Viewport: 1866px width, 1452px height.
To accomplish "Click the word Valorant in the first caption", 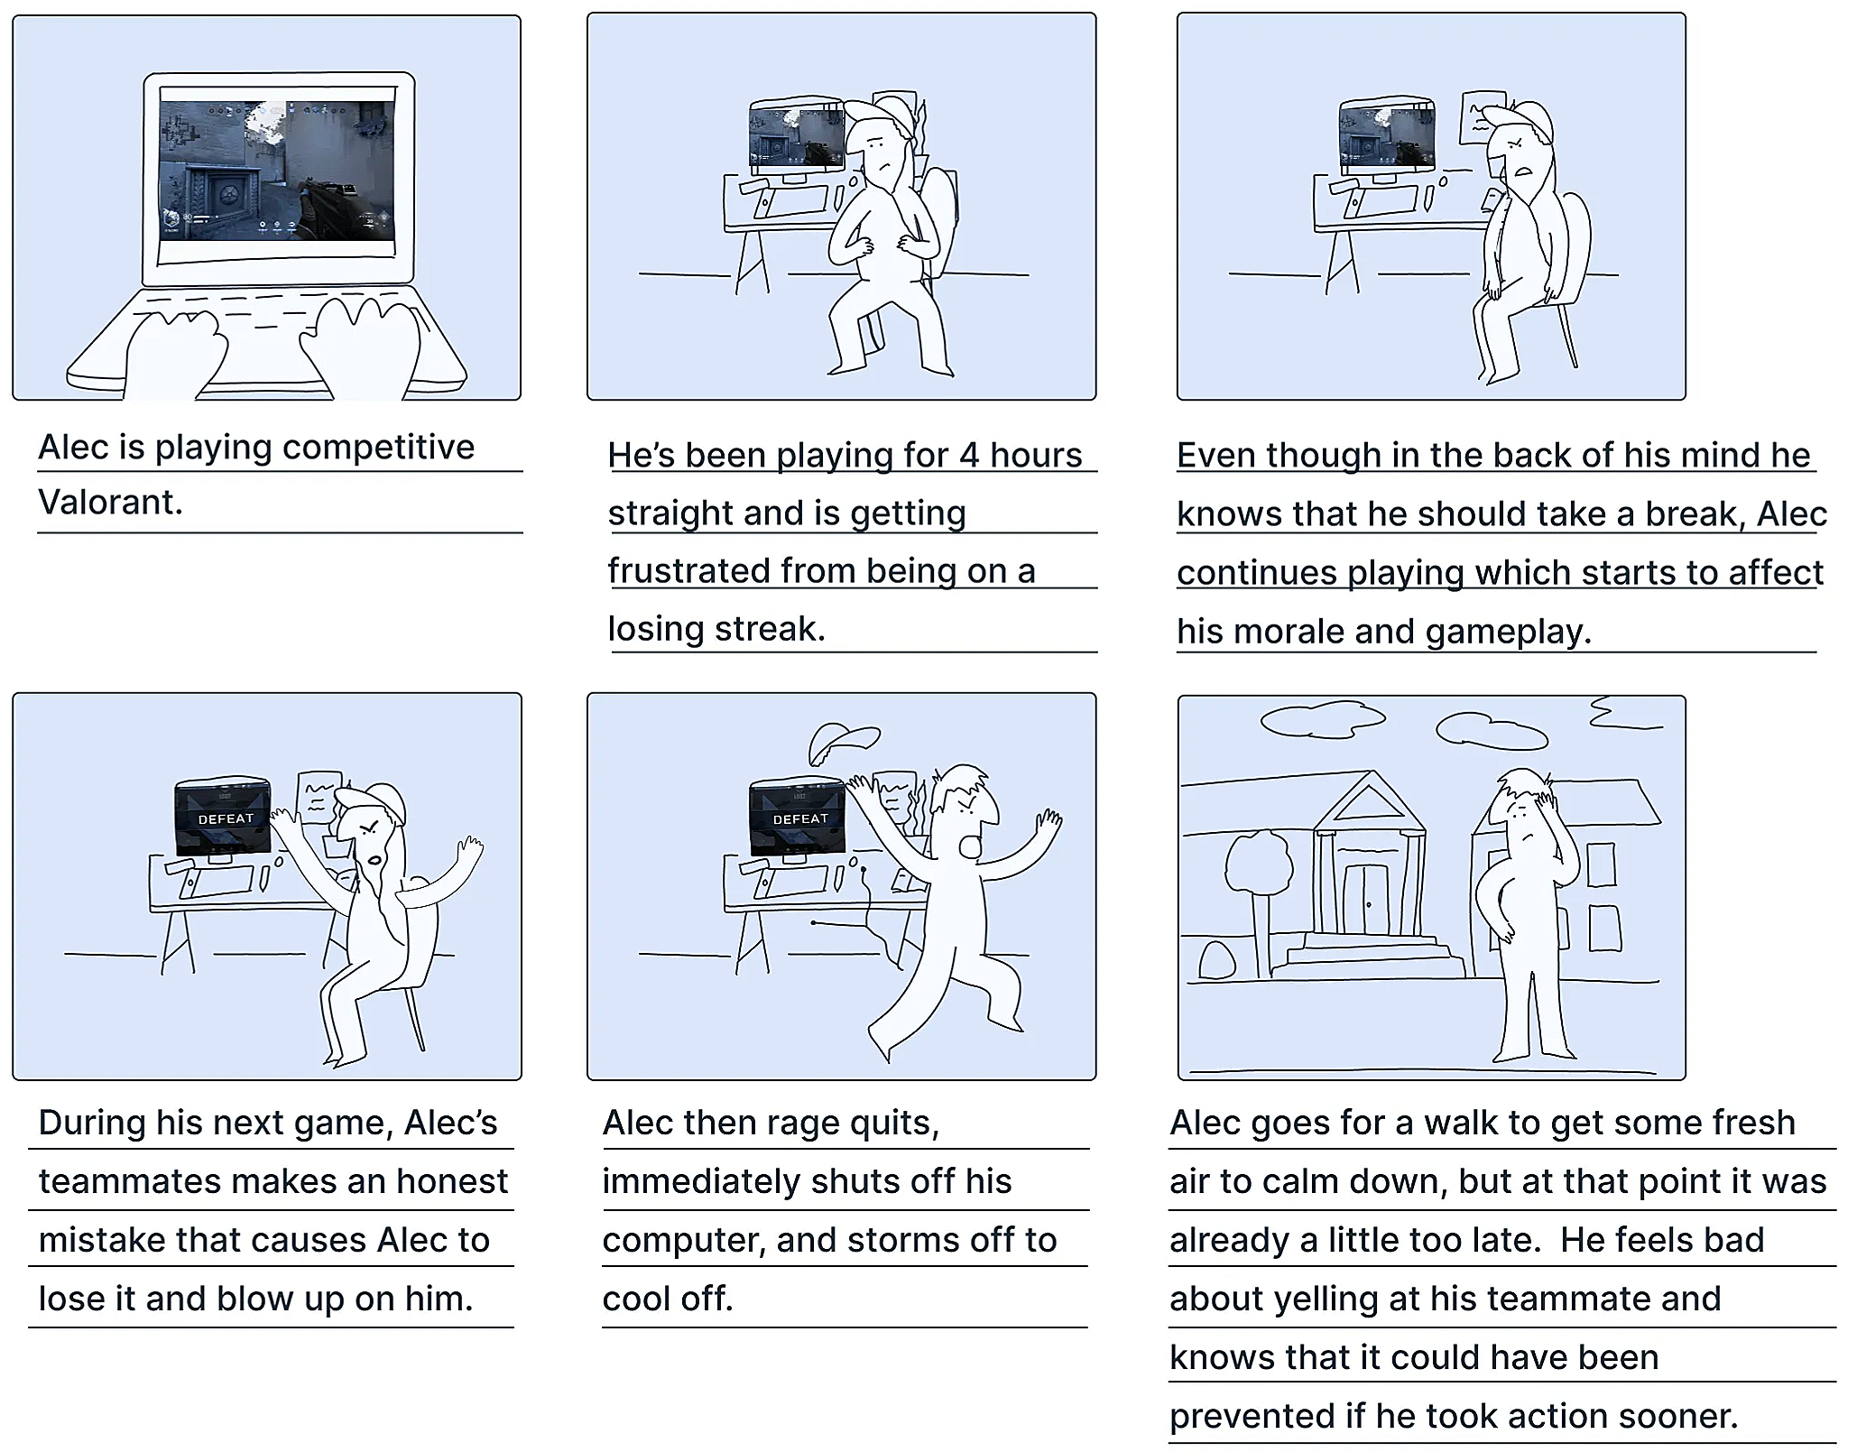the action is coord(109,502).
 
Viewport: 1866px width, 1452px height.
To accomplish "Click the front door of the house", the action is coord(1367,899).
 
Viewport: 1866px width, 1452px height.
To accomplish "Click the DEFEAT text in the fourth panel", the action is coord(226,819).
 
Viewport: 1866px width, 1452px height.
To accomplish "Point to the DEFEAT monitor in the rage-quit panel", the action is coord(798,818).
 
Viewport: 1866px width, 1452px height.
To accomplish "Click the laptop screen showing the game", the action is coord(277,171).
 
